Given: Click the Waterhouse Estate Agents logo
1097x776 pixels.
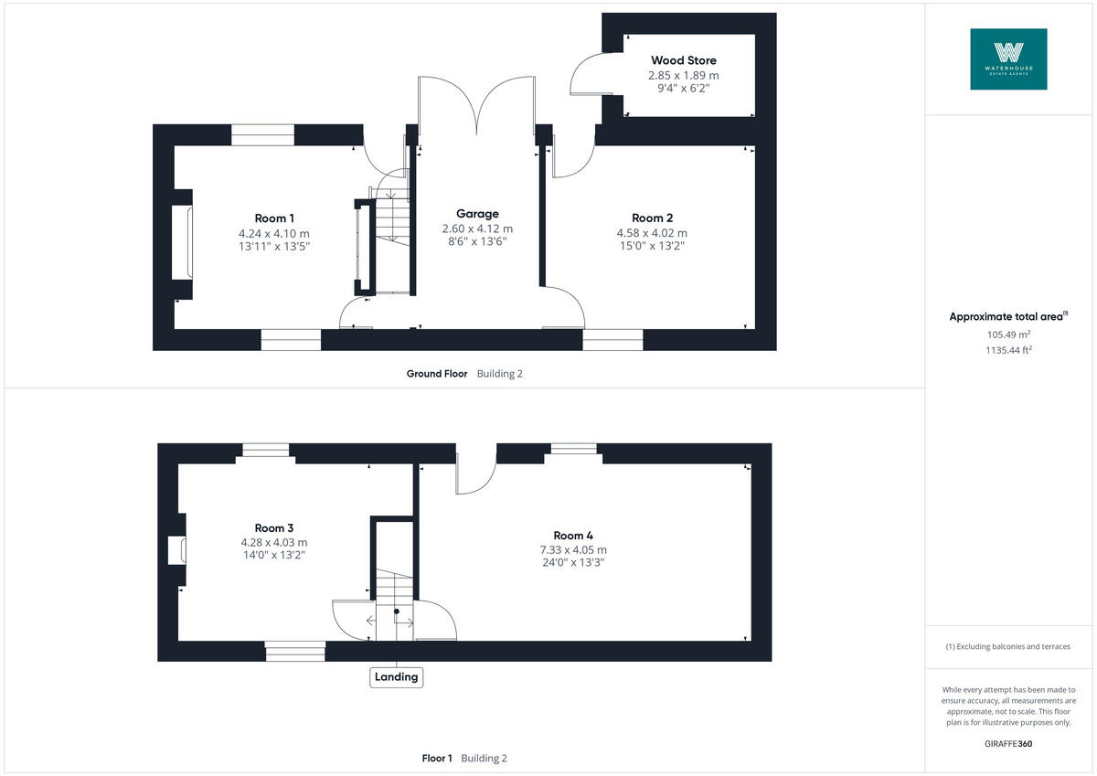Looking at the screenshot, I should point(1008,58).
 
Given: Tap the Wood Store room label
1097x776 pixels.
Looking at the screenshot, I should point(683,60).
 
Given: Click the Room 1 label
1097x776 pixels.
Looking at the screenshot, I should point(274,218).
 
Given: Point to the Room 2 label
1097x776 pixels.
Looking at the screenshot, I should point(652,218).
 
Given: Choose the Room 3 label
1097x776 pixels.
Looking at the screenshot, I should point(274,527).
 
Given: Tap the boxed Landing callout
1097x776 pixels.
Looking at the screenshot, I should point(397,677).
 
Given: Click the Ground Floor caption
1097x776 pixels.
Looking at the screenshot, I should point(437,373).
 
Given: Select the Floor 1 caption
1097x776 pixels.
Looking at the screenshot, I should point(437,758).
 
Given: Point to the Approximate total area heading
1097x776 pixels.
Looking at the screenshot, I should point(1006,316).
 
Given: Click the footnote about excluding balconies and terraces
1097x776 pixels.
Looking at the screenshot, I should point(1008,646).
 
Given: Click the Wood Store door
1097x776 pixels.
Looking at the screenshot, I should point(585,73).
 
